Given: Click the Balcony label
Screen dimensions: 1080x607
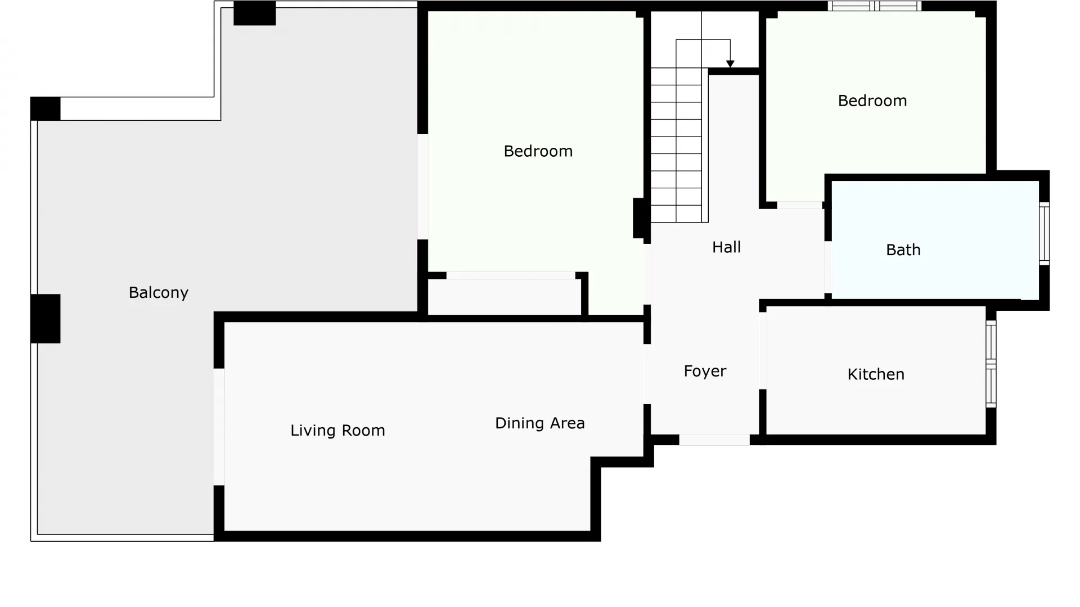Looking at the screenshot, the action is click(x=159, y=293).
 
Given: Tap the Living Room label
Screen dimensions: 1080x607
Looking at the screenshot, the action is click(x=337, y=431).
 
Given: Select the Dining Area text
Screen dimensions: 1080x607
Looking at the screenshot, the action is click(x=540, y=423).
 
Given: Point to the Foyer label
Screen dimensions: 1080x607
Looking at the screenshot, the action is click(x=705, y=372).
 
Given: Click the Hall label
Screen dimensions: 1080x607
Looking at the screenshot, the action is click(x=726, y=247).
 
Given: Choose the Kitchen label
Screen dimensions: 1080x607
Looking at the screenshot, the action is click(x=876, y=374).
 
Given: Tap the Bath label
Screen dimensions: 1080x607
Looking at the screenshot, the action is click(x=903, y=250).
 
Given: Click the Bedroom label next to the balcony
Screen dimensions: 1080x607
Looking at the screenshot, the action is click(x=538, y=151).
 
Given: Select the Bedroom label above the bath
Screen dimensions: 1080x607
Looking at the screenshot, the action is click(x=872, y=101).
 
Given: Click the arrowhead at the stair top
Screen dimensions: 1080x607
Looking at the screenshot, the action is click(x=730, y=64).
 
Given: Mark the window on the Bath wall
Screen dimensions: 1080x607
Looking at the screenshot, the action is click(x=1044, y=233).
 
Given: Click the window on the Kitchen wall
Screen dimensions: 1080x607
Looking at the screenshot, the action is click(x=991, y=364).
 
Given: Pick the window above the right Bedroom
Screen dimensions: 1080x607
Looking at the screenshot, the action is click(x=874, y=6).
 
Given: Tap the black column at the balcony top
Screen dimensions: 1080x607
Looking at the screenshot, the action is click(x=255, y=13).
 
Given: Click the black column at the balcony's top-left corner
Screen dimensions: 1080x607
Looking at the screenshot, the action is click(x=46, y=108).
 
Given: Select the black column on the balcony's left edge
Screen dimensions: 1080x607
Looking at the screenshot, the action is click(x=46, y=319).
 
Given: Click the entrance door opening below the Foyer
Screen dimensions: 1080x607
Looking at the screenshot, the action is click(x=714, y=440).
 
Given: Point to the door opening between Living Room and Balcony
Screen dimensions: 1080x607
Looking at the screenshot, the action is click(x=219, y=427).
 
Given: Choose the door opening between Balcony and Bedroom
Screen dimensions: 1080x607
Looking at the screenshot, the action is click(x=422, y=187).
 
